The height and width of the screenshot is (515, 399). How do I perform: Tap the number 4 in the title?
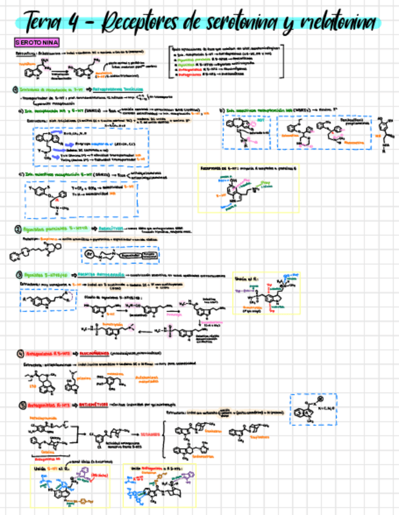click(76, 24)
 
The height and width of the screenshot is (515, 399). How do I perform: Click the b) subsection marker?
click(221, 110)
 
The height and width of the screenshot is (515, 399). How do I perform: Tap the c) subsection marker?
click(21, 174)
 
